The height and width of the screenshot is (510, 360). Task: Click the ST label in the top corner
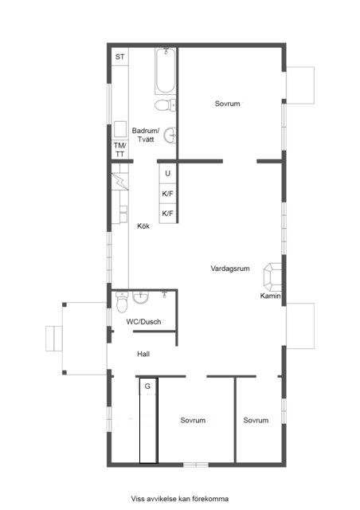[119, 57]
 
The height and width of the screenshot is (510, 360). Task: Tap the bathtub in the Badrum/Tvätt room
[166, 71]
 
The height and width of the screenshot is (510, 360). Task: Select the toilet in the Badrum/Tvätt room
[165, 105]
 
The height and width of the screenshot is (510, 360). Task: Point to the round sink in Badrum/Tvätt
[170, 135]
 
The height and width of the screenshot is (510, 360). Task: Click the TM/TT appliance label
[120, 150]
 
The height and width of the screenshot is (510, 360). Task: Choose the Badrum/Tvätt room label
[146, 135]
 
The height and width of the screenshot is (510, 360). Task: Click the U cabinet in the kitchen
[168, 174]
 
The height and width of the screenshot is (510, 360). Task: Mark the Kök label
[143, 226]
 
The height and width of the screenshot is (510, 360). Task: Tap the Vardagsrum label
[230, 269]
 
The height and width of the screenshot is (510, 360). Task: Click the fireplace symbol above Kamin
[272, 277]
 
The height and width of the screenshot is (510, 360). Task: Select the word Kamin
[270, 296]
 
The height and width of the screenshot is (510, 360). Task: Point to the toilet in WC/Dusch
[122, 302]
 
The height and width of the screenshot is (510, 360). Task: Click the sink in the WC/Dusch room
[140, 297]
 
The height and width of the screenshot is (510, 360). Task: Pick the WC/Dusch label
[143, 322]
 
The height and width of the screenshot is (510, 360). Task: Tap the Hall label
[143, 354]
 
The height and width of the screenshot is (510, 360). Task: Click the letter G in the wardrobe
[147, 386]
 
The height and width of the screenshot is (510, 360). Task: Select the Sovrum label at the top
[227, 104]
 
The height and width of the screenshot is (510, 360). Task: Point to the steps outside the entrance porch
[54, 338]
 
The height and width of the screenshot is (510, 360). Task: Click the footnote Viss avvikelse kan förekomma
[180, 499]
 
